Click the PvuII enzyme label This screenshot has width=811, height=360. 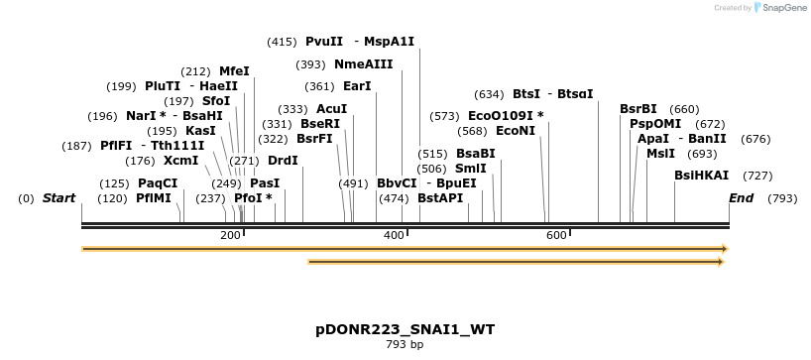click(324, 42)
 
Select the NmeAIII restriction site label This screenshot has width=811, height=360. click(363, 64)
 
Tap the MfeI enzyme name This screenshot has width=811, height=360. click(234, 71)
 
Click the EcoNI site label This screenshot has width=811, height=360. click(515, 131)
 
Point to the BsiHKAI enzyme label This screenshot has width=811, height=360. click(701, 176)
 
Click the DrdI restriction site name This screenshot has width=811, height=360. click(283, 161)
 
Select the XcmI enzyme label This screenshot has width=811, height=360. click(181, 161)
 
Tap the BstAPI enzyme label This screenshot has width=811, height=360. click(440, 198)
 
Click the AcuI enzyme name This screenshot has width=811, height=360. click(331, 109)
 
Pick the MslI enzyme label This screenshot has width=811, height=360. click(660, 154)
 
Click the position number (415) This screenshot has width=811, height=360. click(282, 42)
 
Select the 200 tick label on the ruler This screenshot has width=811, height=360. click(230, 235)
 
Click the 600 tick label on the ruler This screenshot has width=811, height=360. click(555, 235)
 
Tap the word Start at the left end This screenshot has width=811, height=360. click(58, 198)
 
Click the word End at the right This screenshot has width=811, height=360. click(741, 198)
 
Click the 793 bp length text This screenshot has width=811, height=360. click(405, 344)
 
